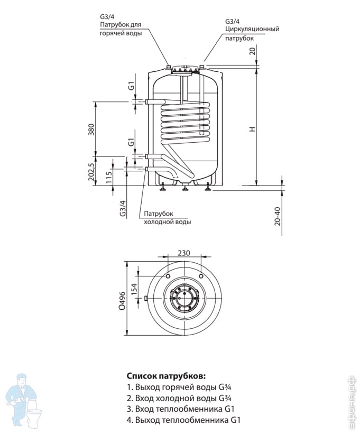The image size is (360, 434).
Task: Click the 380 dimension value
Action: click(90, 129)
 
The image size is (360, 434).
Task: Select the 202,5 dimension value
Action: click(90, 172)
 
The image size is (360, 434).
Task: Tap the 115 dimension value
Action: click(108, 177)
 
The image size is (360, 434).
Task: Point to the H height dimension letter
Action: click(253, 129)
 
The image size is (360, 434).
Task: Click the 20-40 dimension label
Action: click(278, 215)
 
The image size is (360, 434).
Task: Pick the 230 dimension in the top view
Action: click(183, 253)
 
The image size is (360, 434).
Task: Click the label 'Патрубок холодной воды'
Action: click(167, 217)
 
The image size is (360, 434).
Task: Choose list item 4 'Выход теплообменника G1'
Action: click(184, 420)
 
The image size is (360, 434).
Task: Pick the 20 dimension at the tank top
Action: click(253, 51)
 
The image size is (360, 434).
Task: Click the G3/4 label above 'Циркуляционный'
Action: click(233, 21)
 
